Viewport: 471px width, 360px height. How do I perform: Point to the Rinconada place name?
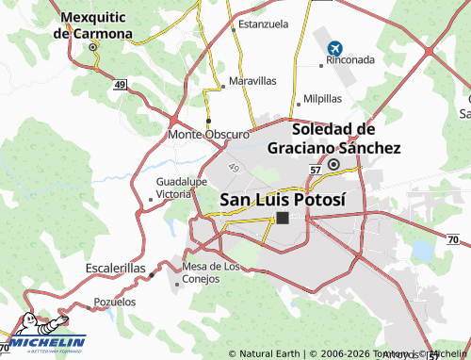pos(349,59)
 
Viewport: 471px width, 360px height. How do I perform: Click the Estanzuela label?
pos(263,24)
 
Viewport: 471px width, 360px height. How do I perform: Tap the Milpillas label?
pos(323,99)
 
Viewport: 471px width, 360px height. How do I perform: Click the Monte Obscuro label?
pos(208,135)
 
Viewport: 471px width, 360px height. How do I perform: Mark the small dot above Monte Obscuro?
pos(208,121)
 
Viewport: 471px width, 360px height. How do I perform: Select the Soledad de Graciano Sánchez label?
pos(333,139)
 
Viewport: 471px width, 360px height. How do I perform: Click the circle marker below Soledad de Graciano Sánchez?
pos(333,162)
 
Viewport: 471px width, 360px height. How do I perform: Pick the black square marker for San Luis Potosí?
pos(283,218)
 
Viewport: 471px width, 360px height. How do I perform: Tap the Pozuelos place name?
pos(114,303)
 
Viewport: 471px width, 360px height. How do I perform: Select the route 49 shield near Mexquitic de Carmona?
pos(121,85)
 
